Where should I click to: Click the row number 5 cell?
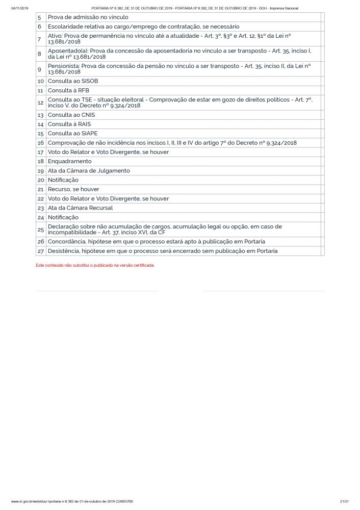(39, 17)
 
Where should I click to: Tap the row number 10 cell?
(40, 81)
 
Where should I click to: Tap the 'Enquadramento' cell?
(70, 161)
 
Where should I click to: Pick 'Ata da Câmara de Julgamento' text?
(89, 170)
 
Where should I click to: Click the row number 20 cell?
(40, 180)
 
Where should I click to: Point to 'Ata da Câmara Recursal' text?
(80, 208)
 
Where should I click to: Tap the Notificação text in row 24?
(63, 217)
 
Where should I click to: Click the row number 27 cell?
(40, 251)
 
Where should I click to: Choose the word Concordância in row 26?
(66, 241)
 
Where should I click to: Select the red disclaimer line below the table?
(95, 265)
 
